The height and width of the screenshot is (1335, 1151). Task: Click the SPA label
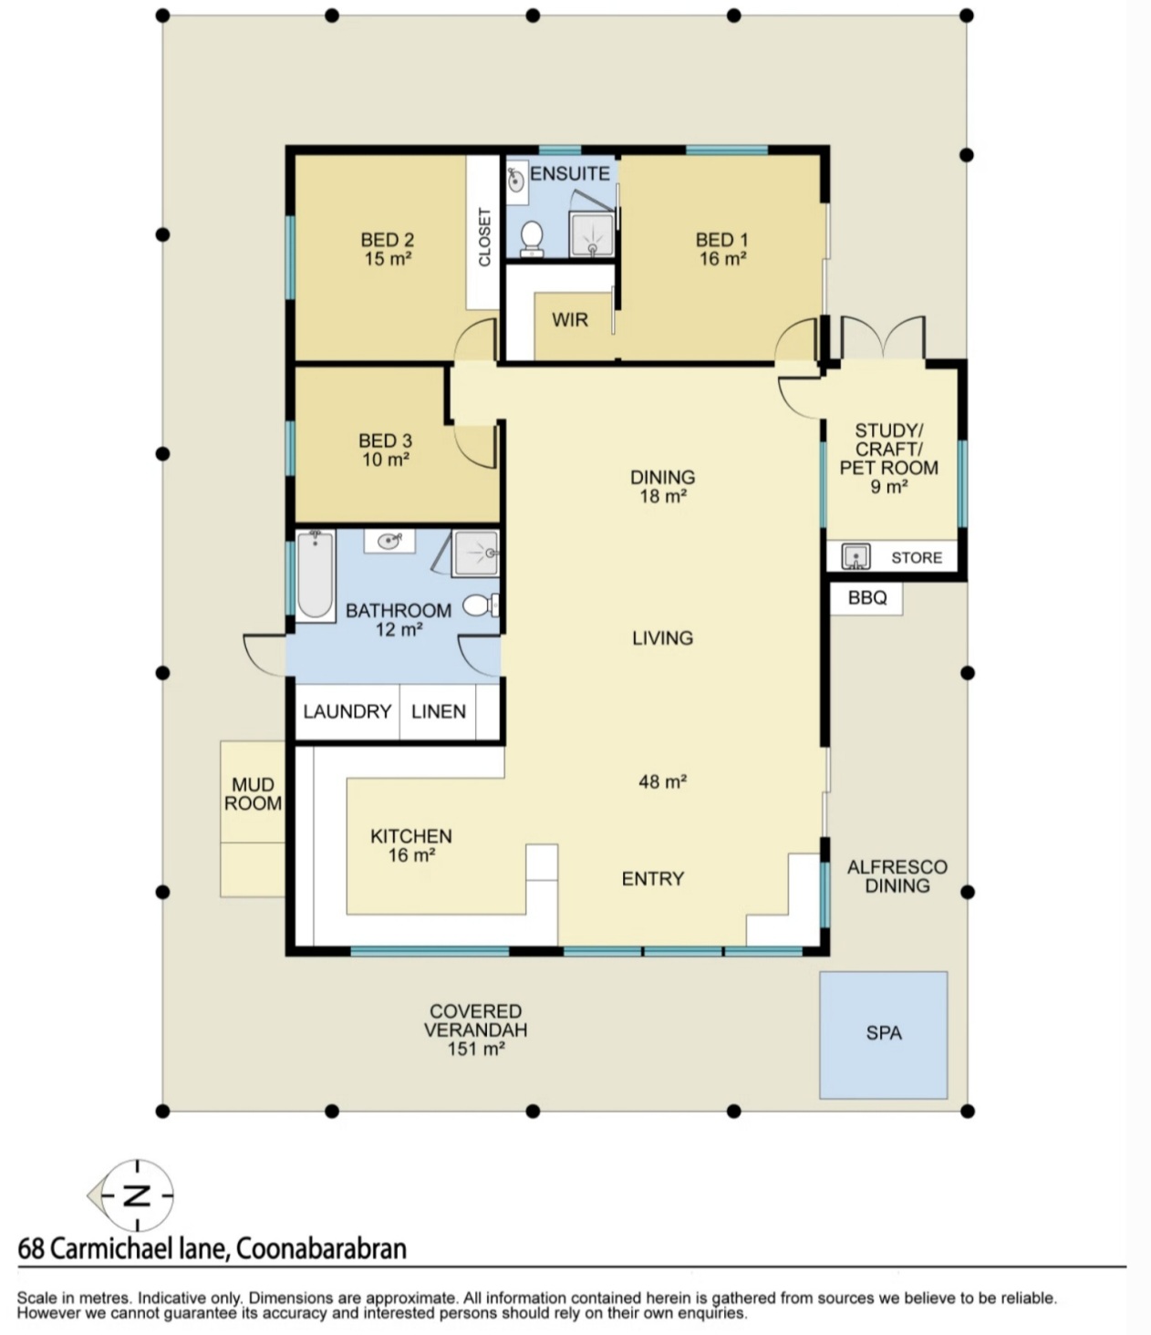[883, 1033]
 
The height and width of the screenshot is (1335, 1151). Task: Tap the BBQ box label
[866, 597]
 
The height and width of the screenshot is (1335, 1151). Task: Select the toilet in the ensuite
[533, 238]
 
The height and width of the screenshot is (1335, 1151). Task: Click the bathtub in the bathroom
[316, 574]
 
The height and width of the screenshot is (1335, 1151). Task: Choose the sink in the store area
[855, 556]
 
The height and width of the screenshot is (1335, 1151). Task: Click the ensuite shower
[592, 233]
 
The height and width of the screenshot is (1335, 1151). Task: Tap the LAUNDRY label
[347, 711]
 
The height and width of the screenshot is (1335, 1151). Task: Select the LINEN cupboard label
[438, 711]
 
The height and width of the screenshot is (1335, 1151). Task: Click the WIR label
[570, 320]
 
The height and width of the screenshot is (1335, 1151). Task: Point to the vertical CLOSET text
[483, 237]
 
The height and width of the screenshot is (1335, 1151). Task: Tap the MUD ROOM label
[253, 793]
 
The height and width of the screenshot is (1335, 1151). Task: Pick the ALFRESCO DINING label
[897, 875]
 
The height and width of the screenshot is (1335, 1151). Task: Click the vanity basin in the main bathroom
[389, 542]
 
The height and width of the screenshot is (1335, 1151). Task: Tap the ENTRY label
[652, 878]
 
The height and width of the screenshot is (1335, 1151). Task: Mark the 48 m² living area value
[662, 781]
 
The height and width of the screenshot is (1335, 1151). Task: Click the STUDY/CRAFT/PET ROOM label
[888, 458]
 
